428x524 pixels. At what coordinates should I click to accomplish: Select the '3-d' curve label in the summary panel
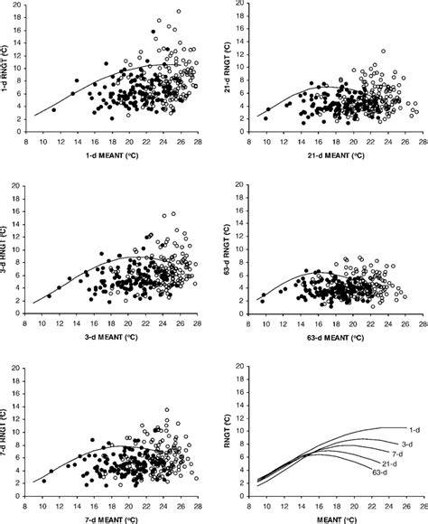coord(407,443)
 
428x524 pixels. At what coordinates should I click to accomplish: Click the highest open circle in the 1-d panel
coord(179,12)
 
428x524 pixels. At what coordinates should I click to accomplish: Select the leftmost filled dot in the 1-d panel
coord(53,110)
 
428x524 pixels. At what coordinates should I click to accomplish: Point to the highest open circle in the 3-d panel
coord(172,214)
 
